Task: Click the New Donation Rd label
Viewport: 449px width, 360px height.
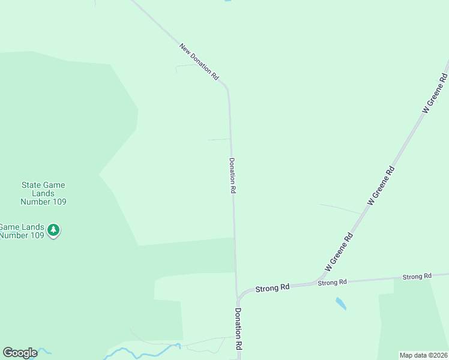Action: point(199,62)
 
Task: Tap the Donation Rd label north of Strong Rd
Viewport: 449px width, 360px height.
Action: point(232,175)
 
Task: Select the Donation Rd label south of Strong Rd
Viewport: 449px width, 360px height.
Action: point(238,329)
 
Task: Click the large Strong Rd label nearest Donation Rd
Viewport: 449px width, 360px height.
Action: point(273,288)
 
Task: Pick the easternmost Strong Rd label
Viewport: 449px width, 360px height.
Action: point(417,277)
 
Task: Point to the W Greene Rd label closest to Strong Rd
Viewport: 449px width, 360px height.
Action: point(339,251)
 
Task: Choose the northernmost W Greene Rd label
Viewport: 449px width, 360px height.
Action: point(435,93)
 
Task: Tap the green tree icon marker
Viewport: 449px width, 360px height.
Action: point(54,229)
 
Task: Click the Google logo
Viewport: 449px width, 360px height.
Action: point(20,353)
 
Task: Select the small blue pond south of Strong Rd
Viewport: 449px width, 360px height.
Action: point(341,304)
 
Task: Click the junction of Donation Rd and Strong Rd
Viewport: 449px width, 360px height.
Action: point(238,298)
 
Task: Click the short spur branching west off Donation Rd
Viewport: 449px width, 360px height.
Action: point(218,140)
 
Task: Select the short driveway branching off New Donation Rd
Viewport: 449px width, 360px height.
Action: point(186,65)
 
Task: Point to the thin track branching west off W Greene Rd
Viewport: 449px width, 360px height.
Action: point(341,208)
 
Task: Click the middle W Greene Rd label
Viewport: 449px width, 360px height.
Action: point(381,186)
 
